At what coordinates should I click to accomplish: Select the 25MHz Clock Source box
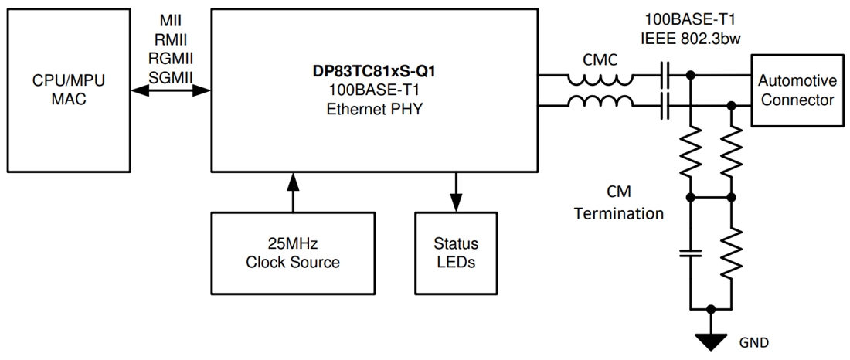(292, 251)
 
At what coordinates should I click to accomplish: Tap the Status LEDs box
(456, 251)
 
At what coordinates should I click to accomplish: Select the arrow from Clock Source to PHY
(292, 192)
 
